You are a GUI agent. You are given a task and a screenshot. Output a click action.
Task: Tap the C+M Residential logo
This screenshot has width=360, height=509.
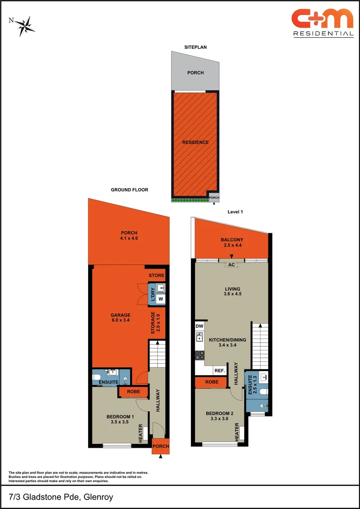click(x=322, y=23)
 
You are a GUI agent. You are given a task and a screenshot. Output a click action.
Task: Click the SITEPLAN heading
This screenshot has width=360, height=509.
click(x=195, y=47)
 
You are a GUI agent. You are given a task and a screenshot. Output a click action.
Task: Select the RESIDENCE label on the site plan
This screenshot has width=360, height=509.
click(x=196, y=142)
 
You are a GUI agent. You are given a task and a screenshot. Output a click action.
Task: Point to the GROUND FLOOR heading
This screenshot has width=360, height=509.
click(x=130, y=190)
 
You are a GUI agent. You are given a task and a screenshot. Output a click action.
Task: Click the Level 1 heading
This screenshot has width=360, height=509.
click(x=235, y=212)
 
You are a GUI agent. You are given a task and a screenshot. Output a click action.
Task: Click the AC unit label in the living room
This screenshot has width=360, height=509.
click(x=231, y=265)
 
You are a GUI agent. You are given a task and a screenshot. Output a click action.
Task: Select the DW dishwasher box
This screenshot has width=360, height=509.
click(x=199, y=326)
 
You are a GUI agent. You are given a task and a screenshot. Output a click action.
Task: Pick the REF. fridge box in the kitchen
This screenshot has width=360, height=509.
click(x=219, y=370)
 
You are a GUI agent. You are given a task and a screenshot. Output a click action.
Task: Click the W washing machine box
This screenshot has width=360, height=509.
click(x=161, y=299)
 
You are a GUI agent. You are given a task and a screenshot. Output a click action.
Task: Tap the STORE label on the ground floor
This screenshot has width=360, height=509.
click(x=156, y=276)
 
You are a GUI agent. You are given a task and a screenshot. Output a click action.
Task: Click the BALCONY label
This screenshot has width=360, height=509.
click(x=231, y=240)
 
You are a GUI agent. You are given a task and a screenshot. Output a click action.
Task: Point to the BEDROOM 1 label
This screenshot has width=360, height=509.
click(x=120, y=416)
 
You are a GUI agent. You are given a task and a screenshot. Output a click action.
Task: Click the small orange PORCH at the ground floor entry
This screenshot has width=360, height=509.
click(x=161, y=446)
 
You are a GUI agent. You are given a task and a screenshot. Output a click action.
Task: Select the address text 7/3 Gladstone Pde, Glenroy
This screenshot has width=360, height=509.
click(x=61, y=497)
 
